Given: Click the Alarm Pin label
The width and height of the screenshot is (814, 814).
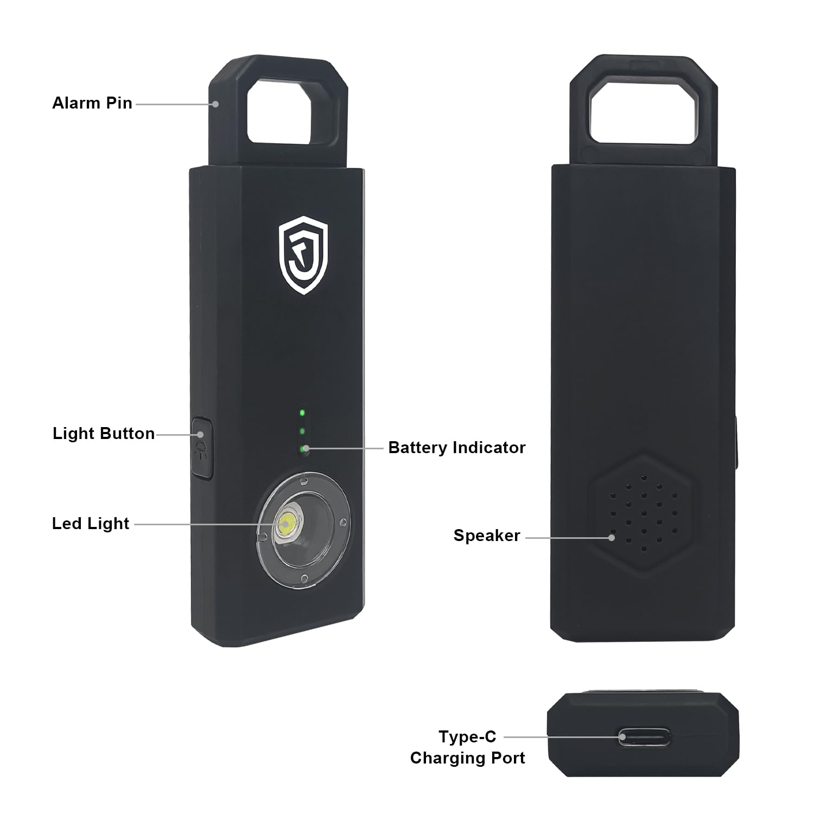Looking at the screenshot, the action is click(x=92, y=103).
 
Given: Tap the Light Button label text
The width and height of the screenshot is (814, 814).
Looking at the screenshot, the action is click(x=104, y=434).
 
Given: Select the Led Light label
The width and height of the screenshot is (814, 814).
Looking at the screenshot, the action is click(x=91, y=524).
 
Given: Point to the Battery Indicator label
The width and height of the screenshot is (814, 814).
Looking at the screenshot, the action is click(x=457, y=448).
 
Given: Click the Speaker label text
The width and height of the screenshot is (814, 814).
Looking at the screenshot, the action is click(x=487, y=536).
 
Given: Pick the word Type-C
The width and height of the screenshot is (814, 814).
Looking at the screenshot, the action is click(x=467, y=736).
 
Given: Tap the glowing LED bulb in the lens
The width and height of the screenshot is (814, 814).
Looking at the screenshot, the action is click(x=287, y=524).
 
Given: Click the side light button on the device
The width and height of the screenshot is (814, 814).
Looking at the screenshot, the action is click(x=202, y=447).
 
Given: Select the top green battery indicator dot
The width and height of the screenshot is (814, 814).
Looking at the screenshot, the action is click(x=302, y=412).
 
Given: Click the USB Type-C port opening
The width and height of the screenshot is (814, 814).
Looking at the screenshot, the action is click(x=645, y=737).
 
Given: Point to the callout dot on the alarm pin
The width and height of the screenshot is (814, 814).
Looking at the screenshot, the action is click(x=216, y=103).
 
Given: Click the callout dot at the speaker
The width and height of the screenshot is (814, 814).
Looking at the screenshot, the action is click(x=612, y=537).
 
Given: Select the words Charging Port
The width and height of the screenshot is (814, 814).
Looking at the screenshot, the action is click(x=467, y=758).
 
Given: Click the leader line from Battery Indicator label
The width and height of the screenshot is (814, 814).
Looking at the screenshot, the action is click(x=344, y=448).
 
